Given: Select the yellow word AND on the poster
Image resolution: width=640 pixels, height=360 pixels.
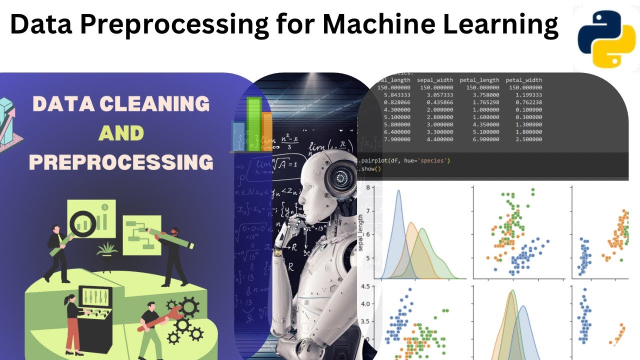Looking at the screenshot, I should coord(121,133).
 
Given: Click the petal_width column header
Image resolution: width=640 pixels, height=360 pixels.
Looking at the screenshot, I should coord(523,80).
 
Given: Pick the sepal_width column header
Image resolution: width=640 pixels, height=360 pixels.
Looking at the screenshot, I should coord(435,80).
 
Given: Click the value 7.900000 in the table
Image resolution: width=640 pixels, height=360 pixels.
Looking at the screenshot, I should coord(393,139).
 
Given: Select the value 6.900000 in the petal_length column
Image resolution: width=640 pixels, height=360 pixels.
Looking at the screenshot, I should coord(481,139).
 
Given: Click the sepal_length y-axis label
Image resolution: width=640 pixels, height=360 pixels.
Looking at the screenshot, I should coord(360,233).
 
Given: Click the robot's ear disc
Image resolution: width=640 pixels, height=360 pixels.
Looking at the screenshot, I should coord(341,176).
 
